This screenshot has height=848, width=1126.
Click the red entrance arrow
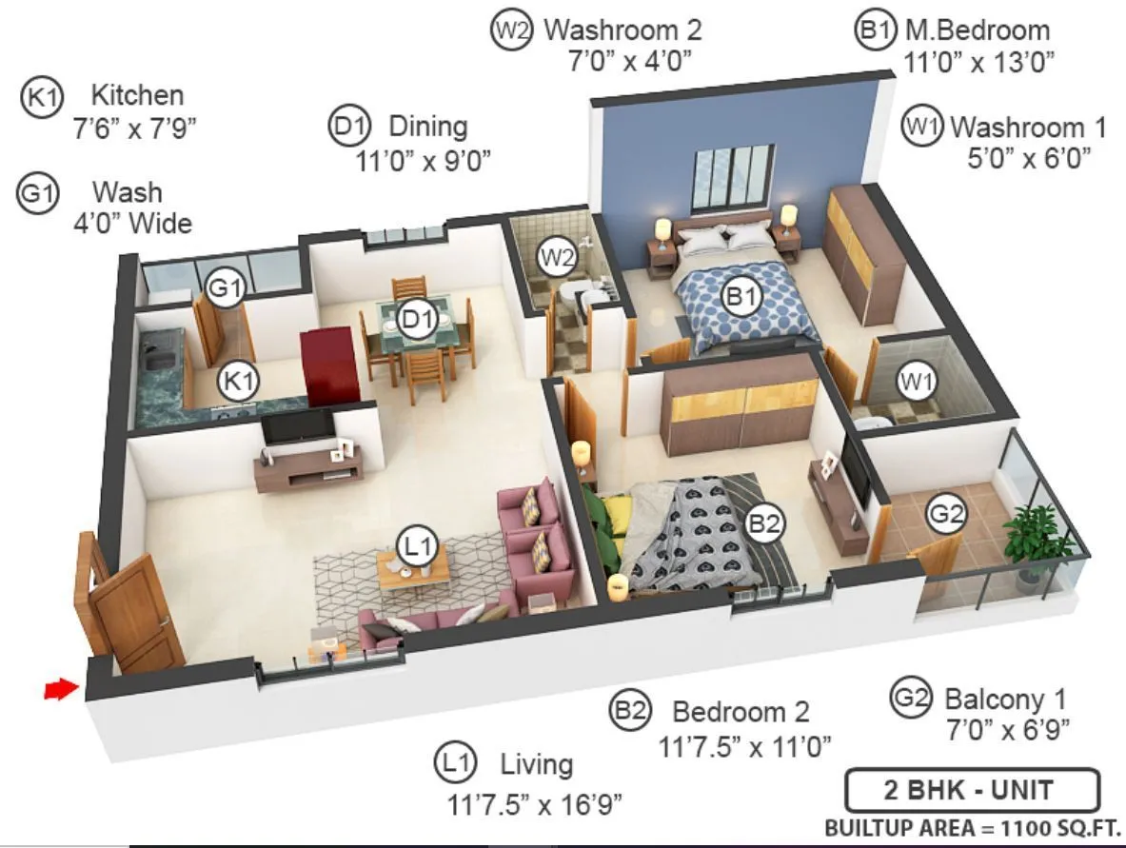(59, 689)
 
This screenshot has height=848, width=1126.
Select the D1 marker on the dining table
(416, 319)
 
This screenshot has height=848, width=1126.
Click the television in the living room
(297, 427)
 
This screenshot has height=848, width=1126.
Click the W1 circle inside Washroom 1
(918, 383)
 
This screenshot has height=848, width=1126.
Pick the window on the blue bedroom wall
(733, 179)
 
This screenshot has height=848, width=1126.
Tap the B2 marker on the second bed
(764, 523)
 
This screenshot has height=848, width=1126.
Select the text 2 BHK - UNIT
(972, 790)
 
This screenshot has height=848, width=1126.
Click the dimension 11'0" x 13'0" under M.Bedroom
(978, 63)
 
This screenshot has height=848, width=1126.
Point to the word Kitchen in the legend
(137, 95)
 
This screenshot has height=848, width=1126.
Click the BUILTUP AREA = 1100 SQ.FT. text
(972, 828)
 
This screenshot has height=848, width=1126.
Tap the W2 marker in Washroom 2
(556, 257)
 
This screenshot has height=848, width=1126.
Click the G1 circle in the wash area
(226, 286)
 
